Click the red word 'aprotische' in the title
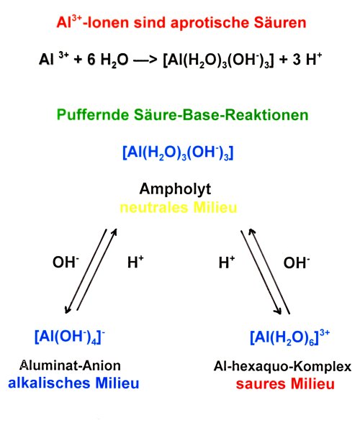(x=209, y=23)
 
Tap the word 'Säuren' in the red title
(x=280, y=22)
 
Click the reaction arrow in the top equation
(x=145, y=60)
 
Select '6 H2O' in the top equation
(x=107, y=60)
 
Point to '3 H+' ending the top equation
(x=307, y=59)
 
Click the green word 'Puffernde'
(x=93, y=115)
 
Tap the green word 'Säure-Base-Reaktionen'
(x=221, y=114)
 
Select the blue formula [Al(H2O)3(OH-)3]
(x=178, y=152)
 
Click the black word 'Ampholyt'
(x=175, y=189)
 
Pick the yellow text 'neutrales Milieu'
(x=179, y=207)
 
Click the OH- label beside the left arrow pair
(x=66, y=262)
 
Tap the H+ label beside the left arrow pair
(x=135, y=262)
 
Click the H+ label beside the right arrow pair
(x=226, y=263)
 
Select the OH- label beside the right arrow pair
(x=297, y=263)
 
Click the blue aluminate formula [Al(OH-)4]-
(x=70, y=337)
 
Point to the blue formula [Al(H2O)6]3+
(x=290, y=337)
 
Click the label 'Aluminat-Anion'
(x=70, y=365)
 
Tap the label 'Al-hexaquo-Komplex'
(x=282, y=367)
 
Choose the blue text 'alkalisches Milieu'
(x=73, y=383)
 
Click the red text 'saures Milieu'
(x=285, y=384)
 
